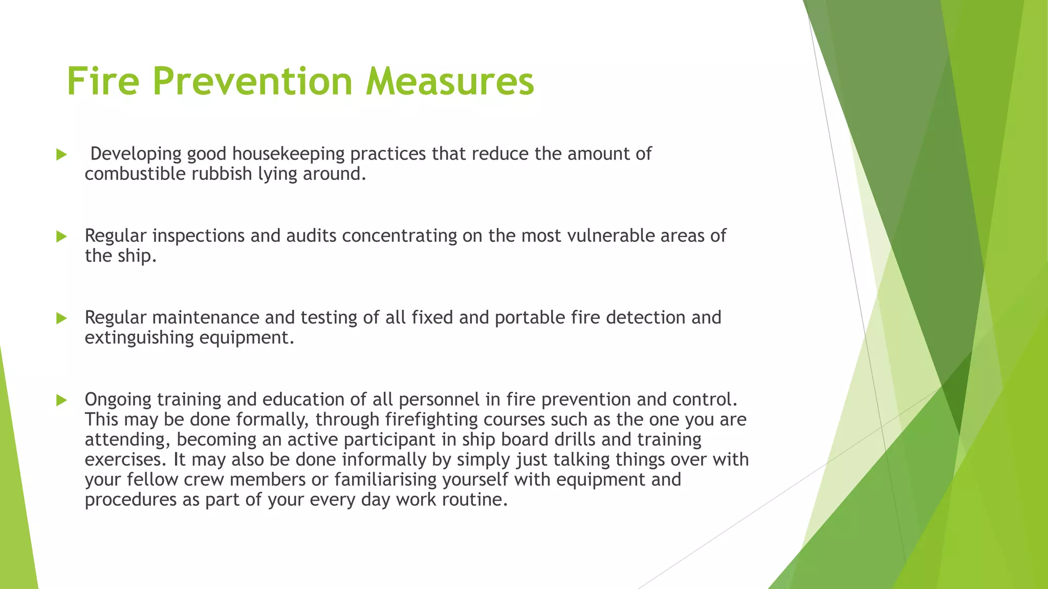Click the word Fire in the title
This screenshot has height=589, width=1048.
click(103, 82)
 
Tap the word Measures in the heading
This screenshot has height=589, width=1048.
click(450, 82)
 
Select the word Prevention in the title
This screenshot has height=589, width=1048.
click(252, 82)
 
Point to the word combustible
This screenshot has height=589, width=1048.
click(135, 174)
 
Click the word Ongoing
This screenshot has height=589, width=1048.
click(118, 400)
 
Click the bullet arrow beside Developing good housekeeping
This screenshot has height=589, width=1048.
click(61, 154)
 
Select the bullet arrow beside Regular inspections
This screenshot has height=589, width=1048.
click(61, 236)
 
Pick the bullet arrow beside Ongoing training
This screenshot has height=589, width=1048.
click(61, 400)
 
